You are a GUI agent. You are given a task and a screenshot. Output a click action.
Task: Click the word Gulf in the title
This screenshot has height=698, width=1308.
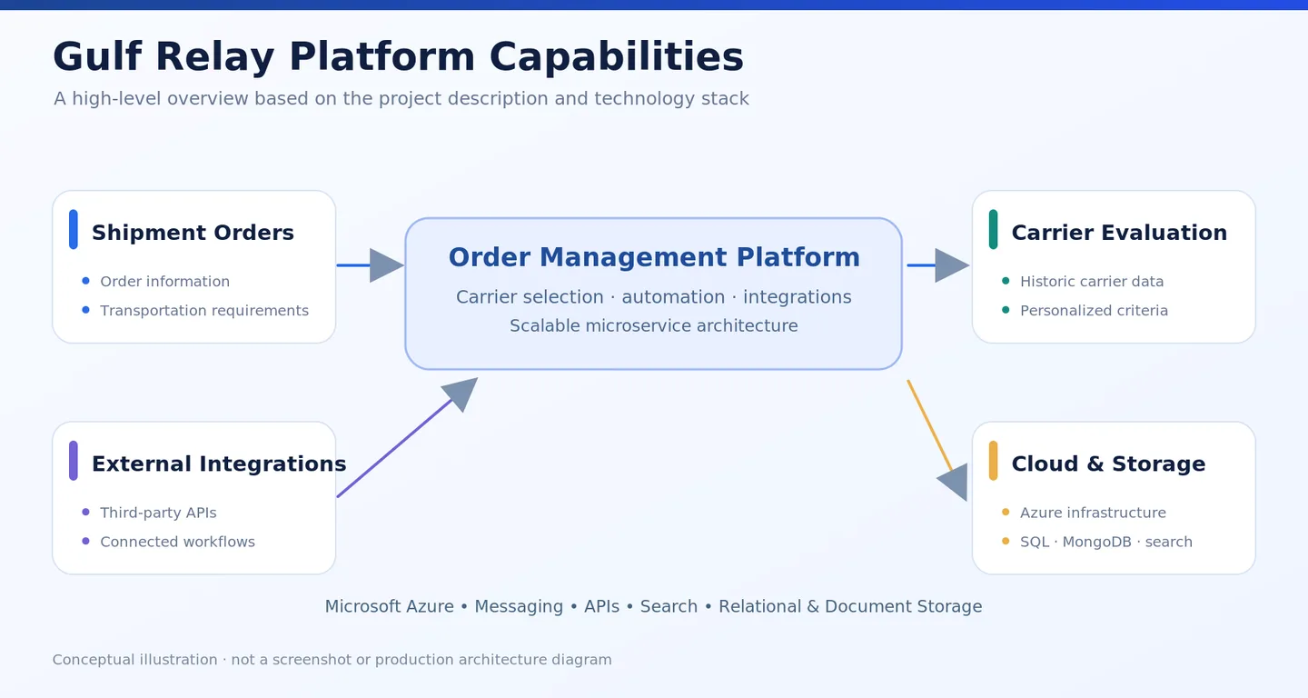click(97, 57)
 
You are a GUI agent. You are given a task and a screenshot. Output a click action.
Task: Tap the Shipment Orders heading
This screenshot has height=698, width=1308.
click(193, 233)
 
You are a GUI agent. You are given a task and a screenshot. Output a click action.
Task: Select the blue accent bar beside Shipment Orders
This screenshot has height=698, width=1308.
click(74, 230)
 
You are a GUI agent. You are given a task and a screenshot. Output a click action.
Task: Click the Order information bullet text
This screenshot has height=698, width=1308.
click(164, 282)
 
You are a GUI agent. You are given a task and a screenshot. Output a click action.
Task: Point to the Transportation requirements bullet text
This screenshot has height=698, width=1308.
click(204, 311)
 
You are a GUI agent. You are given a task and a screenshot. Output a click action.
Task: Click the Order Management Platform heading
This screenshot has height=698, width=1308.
click(654, 257)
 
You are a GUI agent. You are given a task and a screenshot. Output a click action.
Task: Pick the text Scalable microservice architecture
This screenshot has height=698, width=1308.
click(653, 326)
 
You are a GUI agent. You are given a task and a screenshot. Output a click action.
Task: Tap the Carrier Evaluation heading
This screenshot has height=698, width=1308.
click(1119, 233)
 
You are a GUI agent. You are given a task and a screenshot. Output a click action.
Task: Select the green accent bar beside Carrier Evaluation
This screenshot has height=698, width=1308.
click(994, 230)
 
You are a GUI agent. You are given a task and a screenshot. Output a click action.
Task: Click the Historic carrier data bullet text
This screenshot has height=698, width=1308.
click(1092, 282)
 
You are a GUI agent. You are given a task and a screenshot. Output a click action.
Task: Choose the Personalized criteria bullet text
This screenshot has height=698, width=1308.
click(1094, 311)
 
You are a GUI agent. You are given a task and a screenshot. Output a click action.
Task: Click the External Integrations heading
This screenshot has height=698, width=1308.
click(219, 464)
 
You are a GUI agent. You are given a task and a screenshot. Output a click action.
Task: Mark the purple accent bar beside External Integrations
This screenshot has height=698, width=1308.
click(74, 461)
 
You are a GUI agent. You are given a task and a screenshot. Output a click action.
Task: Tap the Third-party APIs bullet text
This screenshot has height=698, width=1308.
click(158, 513)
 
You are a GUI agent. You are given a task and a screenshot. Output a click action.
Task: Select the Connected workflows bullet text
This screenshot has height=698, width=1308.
click(177, 542)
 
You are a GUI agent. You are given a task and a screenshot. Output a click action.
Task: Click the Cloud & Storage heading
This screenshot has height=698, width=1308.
click(1108, 464)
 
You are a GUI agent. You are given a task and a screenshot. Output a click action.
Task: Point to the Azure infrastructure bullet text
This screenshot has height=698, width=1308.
click(1093, 513)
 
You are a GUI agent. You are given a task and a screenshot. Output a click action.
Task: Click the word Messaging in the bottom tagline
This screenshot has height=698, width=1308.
click(519, 606)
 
